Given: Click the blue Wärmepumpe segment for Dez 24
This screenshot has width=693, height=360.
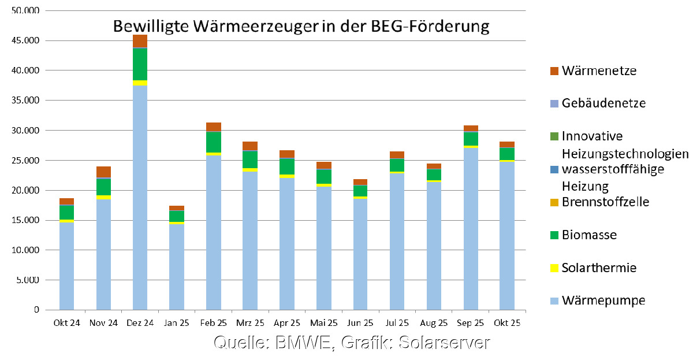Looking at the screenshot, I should (140, 196).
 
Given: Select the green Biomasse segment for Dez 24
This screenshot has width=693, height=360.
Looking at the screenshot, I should (140, 64).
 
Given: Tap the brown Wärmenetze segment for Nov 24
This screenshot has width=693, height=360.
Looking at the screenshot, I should (103, 172).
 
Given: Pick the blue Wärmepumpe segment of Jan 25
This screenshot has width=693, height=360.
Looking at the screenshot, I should (177, 266).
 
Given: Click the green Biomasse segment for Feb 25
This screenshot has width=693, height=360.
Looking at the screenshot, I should (213, 142).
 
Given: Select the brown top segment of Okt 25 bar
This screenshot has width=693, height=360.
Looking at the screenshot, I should (507, 144).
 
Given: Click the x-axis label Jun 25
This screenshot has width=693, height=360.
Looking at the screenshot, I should (360, 323).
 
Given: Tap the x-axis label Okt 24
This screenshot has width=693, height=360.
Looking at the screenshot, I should (66, 323).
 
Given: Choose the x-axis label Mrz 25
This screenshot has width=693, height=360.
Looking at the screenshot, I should (250, 323).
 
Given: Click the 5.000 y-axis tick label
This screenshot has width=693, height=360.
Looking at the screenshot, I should (26, 280).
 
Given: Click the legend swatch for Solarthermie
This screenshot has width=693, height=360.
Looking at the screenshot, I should (554, 268).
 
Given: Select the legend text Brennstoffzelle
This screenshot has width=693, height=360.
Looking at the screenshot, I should (606, 202).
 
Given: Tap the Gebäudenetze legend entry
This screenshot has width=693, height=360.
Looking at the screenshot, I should (604, 104).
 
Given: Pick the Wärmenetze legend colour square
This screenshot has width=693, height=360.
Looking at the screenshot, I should (554, 71).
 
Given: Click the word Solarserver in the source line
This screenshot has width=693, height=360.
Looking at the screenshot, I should (446, 342).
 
